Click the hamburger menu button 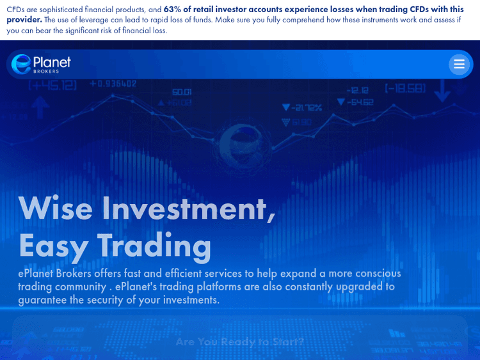tap(459, 65)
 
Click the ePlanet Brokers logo tap(41, 64)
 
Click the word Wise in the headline tap(56, 208)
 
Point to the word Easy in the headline tap(52, 246)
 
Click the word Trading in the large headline tap(154, 246)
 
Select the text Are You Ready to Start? tap(240, 341)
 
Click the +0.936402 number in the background tap(113, 84)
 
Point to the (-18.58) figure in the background tap(405, 88)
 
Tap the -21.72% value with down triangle tap(301, 107)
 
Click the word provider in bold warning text tap(24, 20)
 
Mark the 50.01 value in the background tap(182, 92)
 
